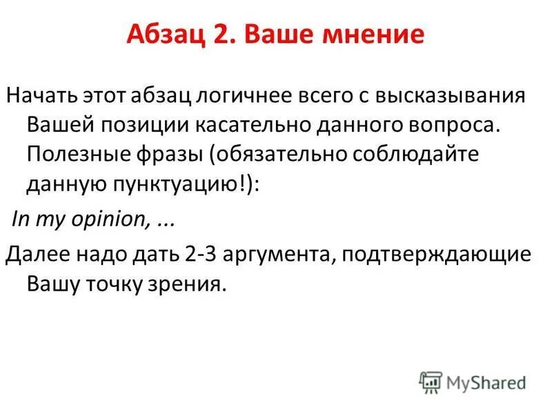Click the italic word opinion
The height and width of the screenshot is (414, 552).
click(x=114, y=222)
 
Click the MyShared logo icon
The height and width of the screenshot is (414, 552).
click(x=430, y=382)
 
